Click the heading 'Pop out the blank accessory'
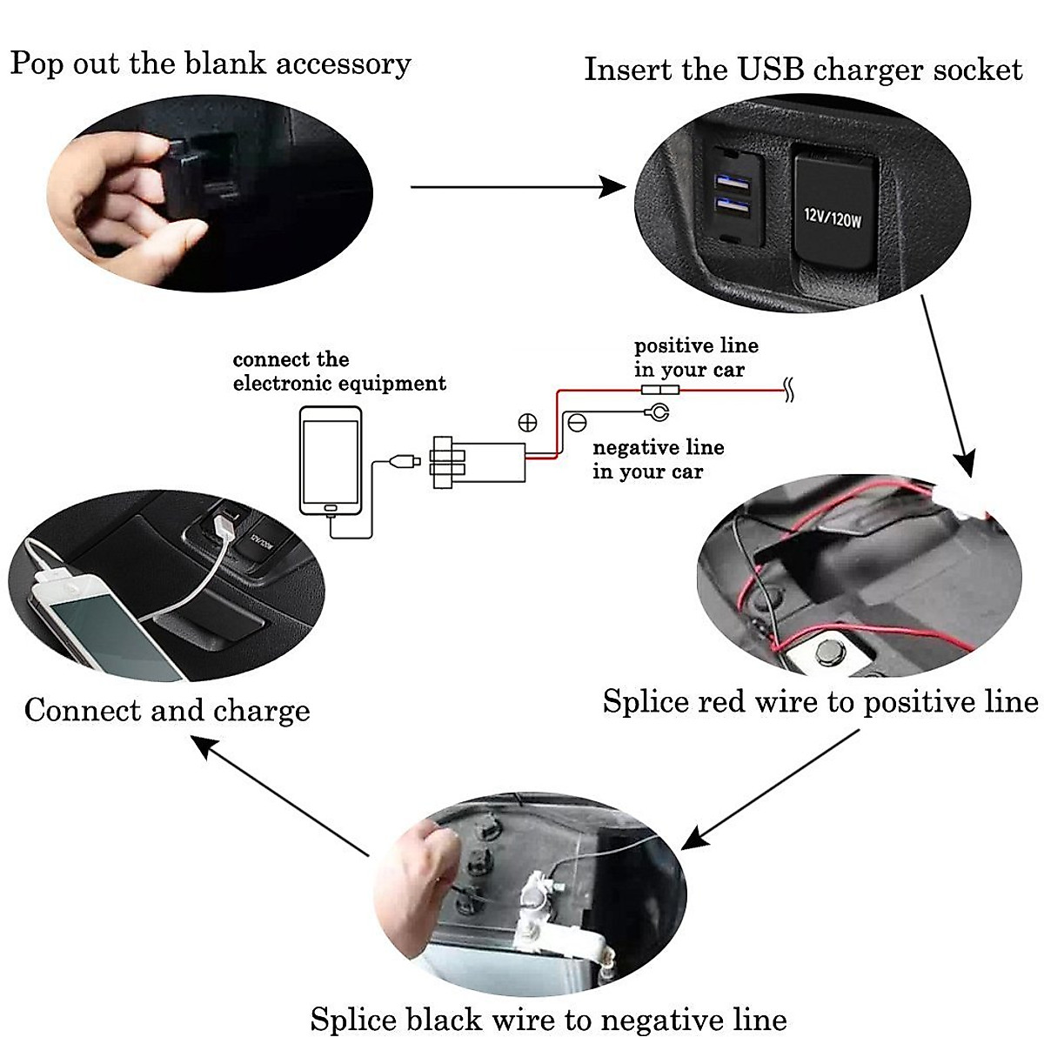point(210,65)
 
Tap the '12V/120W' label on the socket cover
point(832,217)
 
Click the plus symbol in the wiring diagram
point(527,423)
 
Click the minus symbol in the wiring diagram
point(577,423)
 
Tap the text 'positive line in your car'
point(695,358)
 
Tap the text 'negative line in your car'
point(658,459)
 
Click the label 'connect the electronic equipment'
point(339,371)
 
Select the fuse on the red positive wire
point(656,392)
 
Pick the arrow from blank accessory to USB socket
point(517,186)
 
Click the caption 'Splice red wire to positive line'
point(820,701)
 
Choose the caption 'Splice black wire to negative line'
point(548,1019)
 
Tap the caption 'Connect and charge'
point(167,710)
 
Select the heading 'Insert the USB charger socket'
point(802,70)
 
